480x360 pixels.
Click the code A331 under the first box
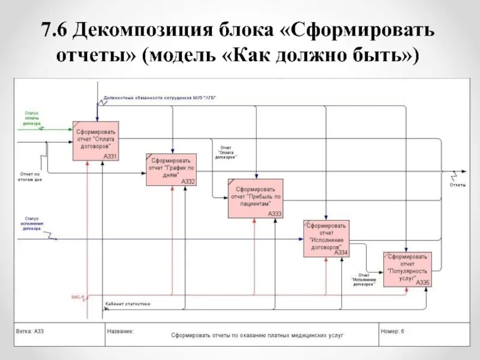pos(110,157)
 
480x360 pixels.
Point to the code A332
pos(188,181)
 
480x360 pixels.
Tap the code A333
pos(274,214)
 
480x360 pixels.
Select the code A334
pos(341,253)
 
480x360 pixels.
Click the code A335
pos(422,282)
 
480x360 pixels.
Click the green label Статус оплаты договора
pos(32,118)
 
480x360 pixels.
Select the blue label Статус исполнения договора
pos(32,223)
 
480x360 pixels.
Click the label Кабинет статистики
pos(127,304)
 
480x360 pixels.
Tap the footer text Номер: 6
pos(394,331)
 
